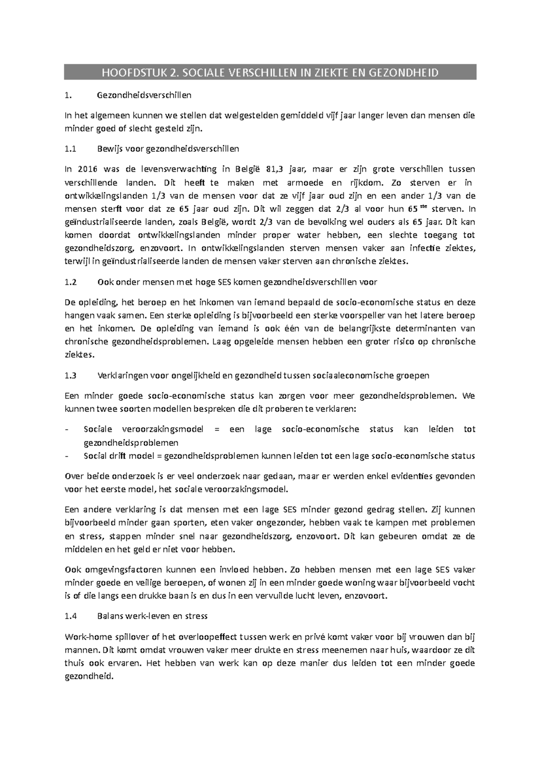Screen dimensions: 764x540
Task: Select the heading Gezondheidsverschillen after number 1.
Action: pos(144,95)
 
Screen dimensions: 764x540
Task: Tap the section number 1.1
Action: pos(71,148)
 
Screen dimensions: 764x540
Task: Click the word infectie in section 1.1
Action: pos(426,248)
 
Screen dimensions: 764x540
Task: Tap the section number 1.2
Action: pos(71,282)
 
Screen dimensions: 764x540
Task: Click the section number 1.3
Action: pos(71,375)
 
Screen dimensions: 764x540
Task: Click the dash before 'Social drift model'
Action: pos(67,456)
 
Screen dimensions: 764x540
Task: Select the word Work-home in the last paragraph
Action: pos(85,637)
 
